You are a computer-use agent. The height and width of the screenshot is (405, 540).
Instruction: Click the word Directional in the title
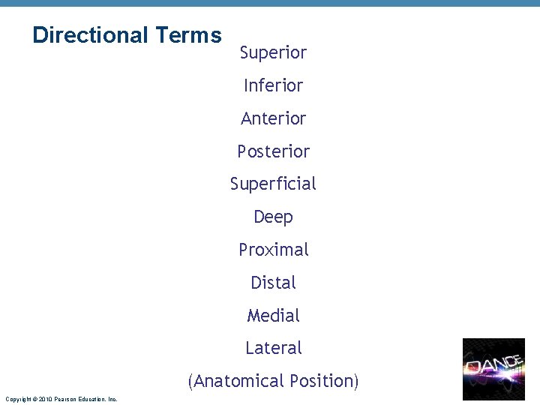point(91,35)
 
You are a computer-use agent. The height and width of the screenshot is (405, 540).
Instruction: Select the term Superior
point(273,52)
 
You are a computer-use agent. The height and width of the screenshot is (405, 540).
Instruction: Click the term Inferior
point(273,85)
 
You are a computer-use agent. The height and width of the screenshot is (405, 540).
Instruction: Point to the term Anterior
point(273,118)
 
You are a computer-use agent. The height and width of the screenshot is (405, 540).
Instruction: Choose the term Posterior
point(273,151)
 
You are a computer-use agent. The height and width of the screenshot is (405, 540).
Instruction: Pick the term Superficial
point(273,184)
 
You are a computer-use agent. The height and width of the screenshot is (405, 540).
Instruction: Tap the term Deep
point(273,217)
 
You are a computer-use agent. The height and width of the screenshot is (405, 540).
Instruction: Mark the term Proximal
point(273,250)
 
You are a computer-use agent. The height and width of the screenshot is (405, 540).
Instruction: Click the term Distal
point(273,283)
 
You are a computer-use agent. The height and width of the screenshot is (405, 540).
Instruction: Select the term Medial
point(273,316)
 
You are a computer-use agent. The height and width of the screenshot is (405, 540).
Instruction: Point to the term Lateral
point(273,348)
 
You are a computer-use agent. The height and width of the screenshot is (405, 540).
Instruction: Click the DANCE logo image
point(493,368)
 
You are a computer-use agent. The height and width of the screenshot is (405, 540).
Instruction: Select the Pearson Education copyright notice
point(61,399)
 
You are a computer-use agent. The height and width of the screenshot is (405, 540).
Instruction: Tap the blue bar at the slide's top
point(270,3)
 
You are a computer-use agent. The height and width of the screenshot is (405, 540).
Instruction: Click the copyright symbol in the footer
point(34,399)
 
